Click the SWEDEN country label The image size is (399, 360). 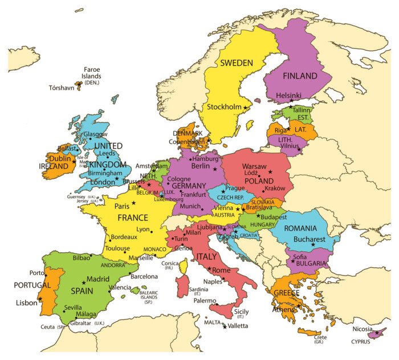(237, 63)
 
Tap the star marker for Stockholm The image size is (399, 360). (246, 107)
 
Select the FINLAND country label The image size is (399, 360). (300, 76)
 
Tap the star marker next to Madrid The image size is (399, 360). (84, 281)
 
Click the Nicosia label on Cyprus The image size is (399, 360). (363, 329)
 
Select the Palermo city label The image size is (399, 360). (204, 300)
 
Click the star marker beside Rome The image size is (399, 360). (210, 269)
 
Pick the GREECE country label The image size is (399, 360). (287, 294)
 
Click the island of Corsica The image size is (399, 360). (184, 266)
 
